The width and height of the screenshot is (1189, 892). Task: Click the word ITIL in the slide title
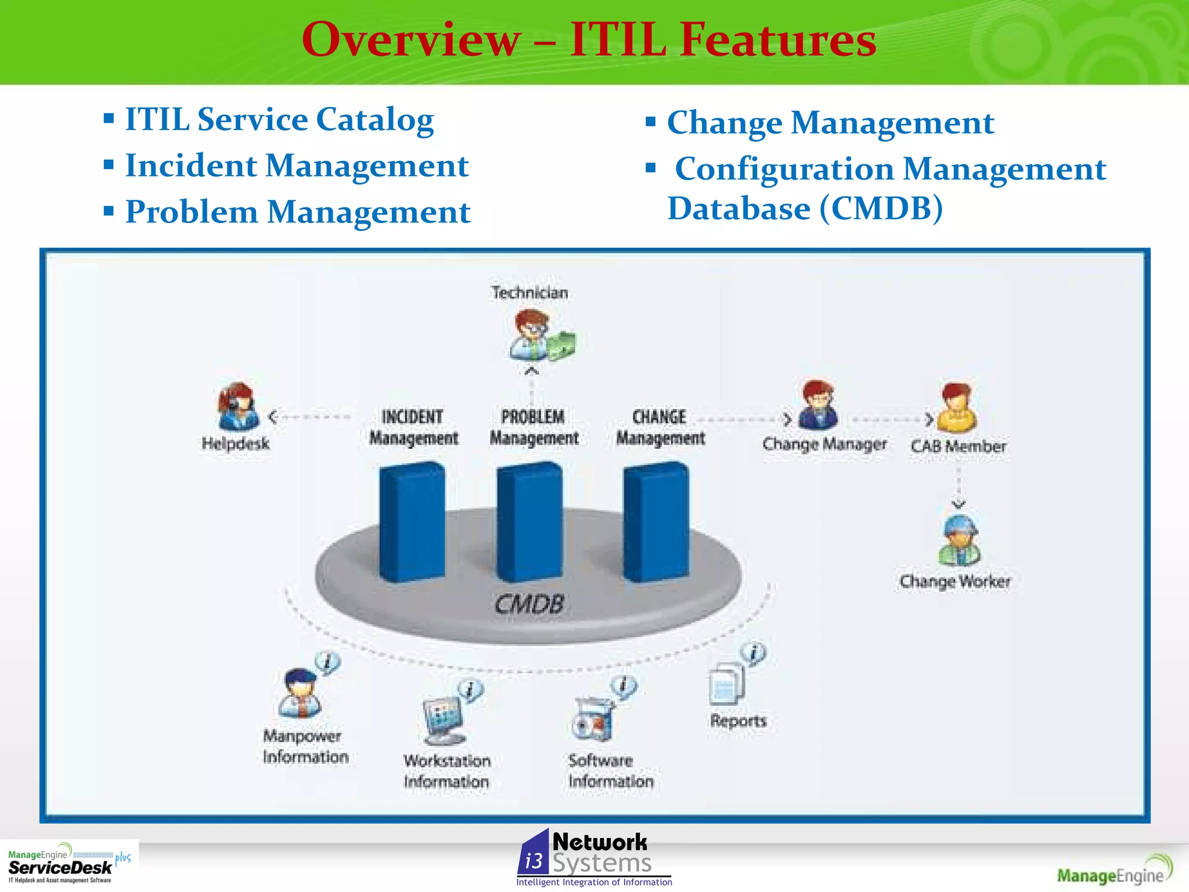click(618, 39)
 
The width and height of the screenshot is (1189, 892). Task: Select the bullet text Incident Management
click(297, 166)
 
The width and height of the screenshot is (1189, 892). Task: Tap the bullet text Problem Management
click(297, 212)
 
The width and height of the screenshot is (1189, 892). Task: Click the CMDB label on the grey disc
click(529, 605)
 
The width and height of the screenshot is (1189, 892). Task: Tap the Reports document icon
click(727, 684)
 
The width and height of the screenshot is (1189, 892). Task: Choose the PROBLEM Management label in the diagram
click(534, 427)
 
